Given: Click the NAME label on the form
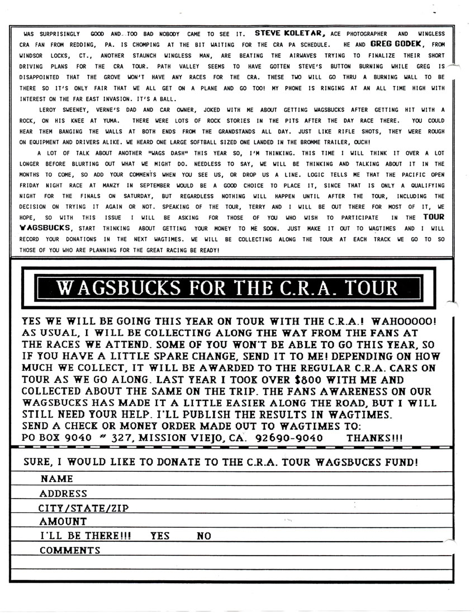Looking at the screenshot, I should (56, 479).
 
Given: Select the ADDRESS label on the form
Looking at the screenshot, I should (63, 493).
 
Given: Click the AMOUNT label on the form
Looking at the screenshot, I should (63, 522).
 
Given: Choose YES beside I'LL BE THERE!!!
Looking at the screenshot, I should (160, 536).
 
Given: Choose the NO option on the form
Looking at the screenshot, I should (204, 536).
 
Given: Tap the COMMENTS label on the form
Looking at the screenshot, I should (70, 550).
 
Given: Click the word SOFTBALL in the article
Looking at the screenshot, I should (210, 142).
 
